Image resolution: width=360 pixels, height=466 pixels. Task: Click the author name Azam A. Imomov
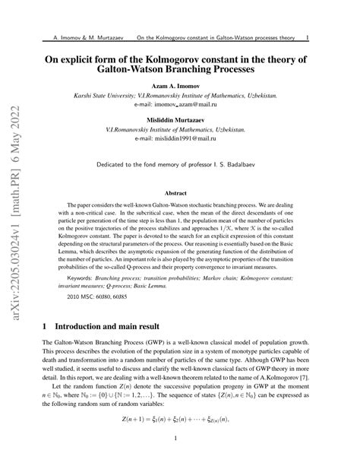pyautogui.click(x=180, y=86)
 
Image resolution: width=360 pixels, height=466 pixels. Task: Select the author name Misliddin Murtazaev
pyautogui.click(x=180, y=120)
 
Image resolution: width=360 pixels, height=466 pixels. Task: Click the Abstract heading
pyautogui.click(x=180, y=194)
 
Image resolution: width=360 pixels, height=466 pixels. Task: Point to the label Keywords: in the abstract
pyautogui.click(x=81, y=279)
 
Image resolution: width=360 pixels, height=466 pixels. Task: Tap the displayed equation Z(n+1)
pyautogui.click(x=180, y=418)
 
